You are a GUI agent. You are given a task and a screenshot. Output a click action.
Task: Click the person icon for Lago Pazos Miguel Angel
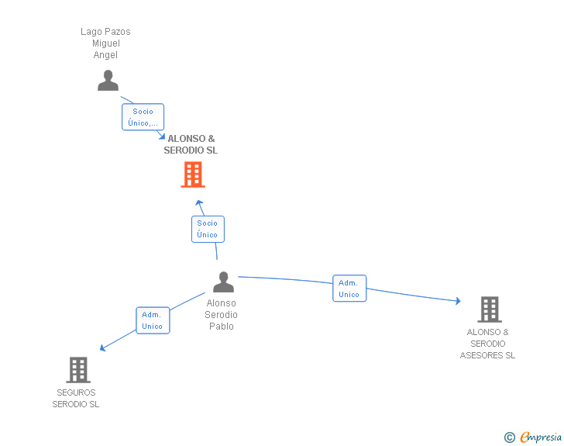coord(108,81)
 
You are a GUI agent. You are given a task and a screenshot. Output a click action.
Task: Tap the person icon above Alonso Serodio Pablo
coord(223,282)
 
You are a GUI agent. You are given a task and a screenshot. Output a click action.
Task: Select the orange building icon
coord(193,175)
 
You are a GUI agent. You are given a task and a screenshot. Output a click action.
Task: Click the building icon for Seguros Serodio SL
coord(78,370)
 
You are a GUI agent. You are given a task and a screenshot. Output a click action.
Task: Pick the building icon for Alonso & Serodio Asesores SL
coord(489,309)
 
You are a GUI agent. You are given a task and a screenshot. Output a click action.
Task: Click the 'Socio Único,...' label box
coord(143,117)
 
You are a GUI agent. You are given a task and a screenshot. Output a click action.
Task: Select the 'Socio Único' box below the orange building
coord(208,229)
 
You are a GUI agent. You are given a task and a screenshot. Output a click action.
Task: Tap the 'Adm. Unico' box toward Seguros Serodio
coord(152,320)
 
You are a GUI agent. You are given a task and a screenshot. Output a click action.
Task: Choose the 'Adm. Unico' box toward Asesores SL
coord(349,289)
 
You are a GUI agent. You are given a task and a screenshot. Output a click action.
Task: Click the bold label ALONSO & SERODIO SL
coord(191,144)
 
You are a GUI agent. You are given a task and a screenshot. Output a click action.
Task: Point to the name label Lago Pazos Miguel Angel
coord(106,43)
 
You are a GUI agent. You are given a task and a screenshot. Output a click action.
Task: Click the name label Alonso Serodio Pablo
coord(222,315)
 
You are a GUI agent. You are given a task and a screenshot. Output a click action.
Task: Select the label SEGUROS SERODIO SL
coord(76,398)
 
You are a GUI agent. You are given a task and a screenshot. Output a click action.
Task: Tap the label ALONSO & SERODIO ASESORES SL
coord(488,344)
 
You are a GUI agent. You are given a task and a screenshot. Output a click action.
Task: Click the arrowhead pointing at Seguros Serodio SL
coord(102,348)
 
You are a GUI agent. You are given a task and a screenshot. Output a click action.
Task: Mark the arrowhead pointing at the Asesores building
coord(458,301)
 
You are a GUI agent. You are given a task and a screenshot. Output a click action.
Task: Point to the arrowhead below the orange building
coord(199,203)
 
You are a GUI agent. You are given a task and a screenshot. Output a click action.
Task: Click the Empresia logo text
coord(541,437)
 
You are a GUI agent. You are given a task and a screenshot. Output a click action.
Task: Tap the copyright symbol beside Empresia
coord(509,437)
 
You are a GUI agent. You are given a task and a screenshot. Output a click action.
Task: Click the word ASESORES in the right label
coord(488,355)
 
